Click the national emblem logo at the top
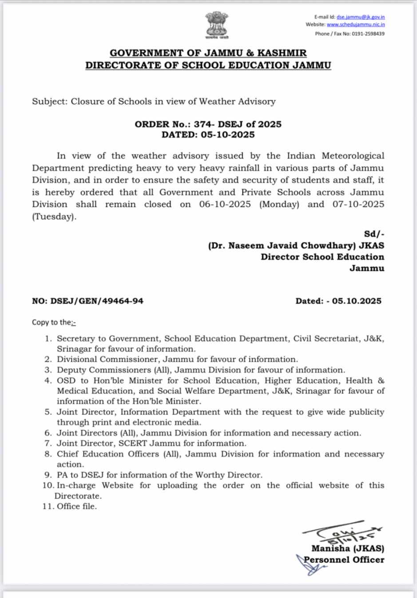(216, 25)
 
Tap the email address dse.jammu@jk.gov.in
(360, 17)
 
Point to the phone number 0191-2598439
(368, 34)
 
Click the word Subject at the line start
(48, 102)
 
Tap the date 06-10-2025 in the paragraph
(225, 205)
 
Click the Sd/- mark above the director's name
(374, 234)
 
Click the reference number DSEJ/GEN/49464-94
(96, 301)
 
